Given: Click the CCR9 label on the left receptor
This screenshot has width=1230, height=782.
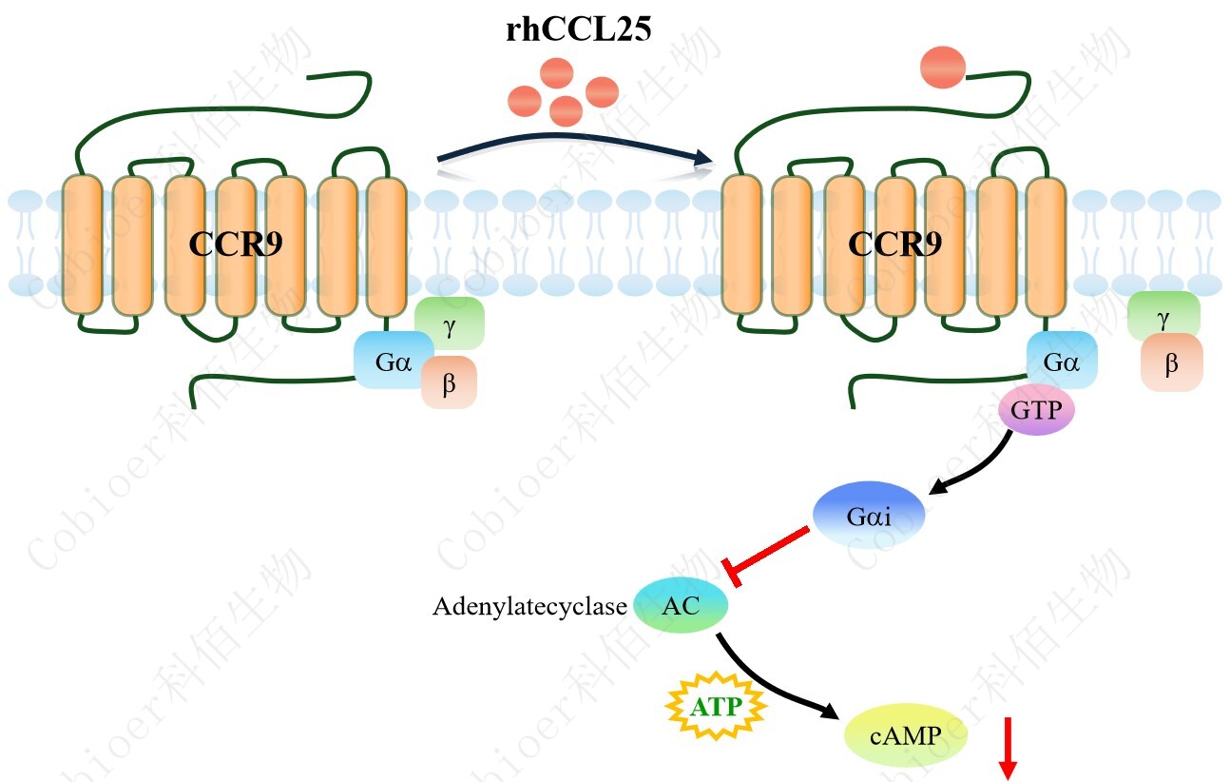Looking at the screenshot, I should tap(235, 244).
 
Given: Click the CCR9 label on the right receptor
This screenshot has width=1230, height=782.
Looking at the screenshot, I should tap(894, 244).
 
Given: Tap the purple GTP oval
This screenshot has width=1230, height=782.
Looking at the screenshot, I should tap(1035, 413).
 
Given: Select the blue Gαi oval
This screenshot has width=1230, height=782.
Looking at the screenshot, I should tap(869, 515).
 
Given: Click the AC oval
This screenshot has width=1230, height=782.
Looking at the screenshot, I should tap(681, 605).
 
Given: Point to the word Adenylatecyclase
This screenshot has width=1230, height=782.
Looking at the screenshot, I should tap(529, 606).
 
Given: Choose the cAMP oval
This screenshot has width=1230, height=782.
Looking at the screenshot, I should tap(906, 736).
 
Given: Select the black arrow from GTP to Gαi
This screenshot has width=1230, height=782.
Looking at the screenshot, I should tap(970, 472).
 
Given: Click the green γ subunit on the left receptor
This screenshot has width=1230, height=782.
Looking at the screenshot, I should tap(450, 324).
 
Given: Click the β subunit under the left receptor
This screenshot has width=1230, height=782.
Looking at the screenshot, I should tap(449, 382).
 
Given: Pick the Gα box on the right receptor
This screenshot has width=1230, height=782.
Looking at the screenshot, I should tap(1061, 362).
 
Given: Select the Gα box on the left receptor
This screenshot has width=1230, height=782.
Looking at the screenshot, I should tap(393, 362).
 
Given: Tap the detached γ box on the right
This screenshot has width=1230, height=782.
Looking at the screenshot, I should tap(1163, 317).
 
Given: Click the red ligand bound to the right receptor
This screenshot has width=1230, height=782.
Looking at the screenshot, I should tap(943, 68).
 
